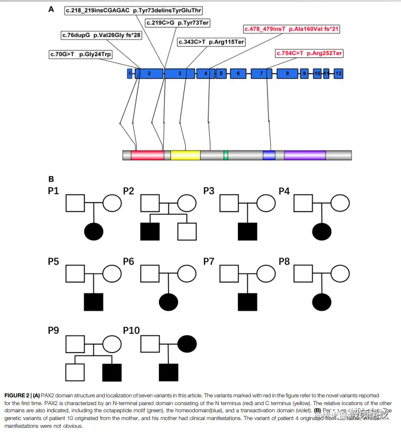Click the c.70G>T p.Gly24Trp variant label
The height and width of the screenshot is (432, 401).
pyautogui.click(x=80, y=54)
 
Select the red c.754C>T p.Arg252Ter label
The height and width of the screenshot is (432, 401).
pyautogui.click(x=309, y=53)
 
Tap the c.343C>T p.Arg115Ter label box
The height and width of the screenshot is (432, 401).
pyautogui.click(x=212, y=42)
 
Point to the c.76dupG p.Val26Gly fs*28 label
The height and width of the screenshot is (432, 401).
pyautogui.click(x=101, y=36)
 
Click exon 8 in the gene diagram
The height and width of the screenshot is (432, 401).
pyautogui.click(x=287, y=73)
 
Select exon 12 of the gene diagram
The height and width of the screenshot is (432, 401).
pyautogui.click(x=338, y=73)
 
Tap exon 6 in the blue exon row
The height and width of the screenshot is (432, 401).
pyautogui.click(x=238, y=73)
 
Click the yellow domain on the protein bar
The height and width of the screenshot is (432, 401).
pyautogui.click(x=185, y=155)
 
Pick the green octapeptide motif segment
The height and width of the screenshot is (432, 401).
pyautogui.click(x=226, y=155)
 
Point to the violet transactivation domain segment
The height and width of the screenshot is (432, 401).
pyautogui.click(x=305, y=155)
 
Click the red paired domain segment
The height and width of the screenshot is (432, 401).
pyautogui.click(x=148, y=155)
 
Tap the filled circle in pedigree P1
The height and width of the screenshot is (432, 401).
pyautogui.click(x=94, y=230)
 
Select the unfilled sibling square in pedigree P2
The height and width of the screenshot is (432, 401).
pyautogui.click(x=187, y=230)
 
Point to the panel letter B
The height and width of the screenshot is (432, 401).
pyautogui.click(x=51, y=178)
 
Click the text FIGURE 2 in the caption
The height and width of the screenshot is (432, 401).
pyautogui.click(x=19, y=396)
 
